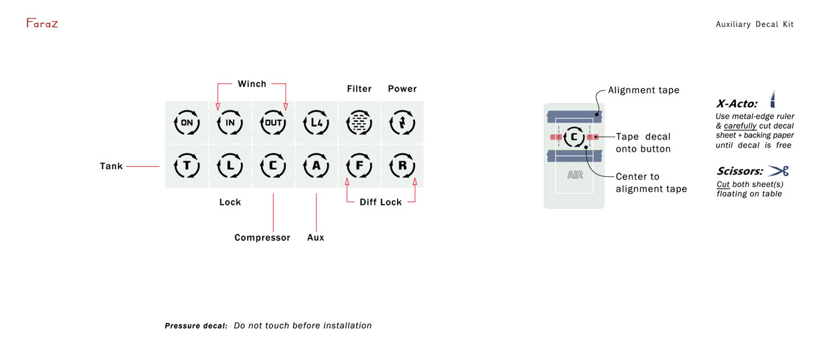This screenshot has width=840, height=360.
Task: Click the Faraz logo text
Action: click(42, 23)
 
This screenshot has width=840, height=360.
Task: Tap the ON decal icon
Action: click(187, 123)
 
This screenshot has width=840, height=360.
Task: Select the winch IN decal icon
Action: click(230, 123)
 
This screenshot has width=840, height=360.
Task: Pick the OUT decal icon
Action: click(273, 123)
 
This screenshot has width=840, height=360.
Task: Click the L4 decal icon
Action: click(316, 123)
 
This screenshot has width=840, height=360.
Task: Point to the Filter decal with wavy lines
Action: click(359, 123)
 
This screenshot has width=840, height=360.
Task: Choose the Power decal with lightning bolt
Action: click(402, 123)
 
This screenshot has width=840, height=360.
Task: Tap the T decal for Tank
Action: click(187, 166)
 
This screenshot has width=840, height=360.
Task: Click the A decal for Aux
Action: click(316, 166)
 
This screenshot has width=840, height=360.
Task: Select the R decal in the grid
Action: click(402, 166)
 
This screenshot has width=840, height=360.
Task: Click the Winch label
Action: click(252, 84)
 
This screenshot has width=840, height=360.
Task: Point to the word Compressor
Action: click(262, 237)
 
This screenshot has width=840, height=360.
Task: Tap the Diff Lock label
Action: click(381, 202)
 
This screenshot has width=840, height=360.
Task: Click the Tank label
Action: click(111, 166)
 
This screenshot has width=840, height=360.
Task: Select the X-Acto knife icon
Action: click(773, 99)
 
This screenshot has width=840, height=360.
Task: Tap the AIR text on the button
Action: click(574, 174)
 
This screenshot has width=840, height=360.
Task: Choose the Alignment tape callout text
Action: click(644, 90)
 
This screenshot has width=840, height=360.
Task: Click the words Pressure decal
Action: click(196, 326)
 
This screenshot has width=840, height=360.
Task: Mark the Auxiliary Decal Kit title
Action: click(755, 24)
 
